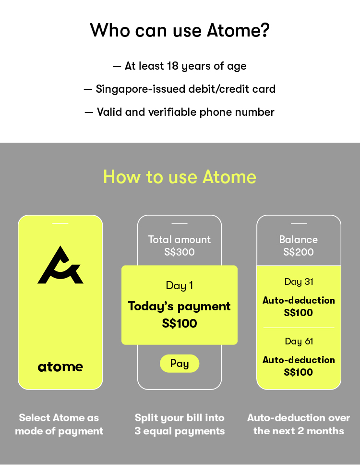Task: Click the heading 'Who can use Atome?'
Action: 180,30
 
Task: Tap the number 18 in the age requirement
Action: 172,66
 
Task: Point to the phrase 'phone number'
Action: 237,112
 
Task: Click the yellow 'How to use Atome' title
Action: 180,177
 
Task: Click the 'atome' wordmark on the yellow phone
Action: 60,367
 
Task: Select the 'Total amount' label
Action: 180,239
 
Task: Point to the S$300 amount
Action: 180,252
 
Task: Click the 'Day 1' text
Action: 180,286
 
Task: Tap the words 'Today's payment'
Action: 179,306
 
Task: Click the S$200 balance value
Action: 299,252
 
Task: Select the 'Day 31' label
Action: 299,281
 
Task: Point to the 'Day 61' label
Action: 299,342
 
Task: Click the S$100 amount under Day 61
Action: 299,372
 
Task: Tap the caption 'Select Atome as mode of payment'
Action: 59,424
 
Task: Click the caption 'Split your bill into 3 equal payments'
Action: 180,424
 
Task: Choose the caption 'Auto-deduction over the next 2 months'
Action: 299,424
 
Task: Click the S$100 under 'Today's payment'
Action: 180,324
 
